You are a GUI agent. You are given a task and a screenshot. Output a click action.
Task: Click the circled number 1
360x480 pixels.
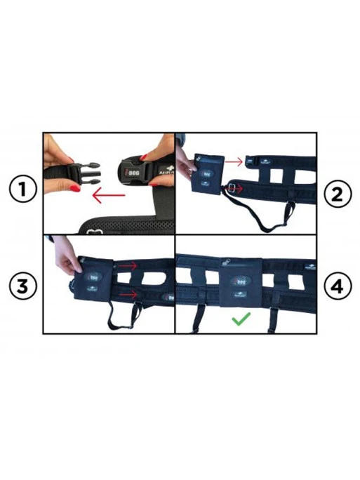(22, 190)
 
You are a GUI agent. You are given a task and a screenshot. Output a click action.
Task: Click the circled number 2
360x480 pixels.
(338, 194)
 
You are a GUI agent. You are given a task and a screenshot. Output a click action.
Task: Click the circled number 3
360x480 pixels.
(22, 287)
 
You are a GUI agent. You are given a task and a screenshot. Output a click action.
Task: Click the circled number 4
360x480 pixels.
(338, 287)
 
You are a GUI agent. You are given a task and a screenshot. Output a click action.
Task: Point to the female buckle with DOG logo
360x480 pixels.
(134, 171)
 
